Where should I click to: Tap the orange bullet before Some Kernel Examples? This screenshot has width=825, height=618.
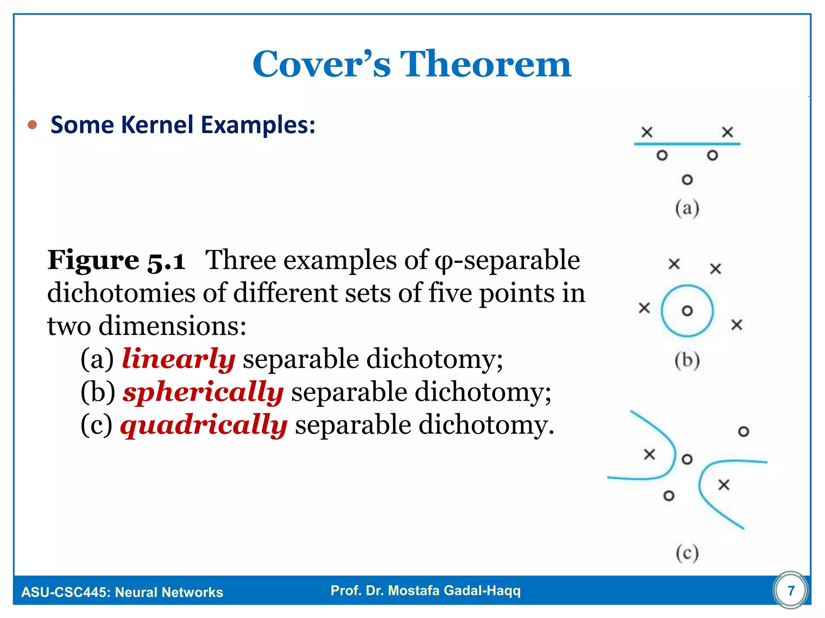click(x=32, y=125)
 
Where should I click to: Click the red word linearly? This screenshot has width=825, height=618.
click(x=178, y=358)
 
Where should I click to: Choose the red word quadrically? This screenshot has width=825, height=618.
click(x=204, y=425)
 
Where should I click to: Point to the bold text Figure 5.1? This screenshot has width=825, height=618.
click(x=116, y=260)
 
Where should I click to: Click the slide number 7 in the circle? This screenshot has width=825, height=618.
click(x=791, y=590)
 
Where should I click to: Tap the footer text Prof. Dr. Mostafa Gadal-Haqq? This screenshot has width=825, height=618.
click(x=425, y=590)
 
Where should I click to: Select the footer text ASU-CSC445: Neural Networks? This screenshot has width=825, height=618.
click(x=122, y=592)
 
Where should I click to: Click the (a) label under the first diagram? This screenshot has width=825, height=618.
click(x=687, y=208)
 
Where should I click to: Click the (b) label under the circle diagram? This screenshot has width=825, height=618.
click(x=687, y=360)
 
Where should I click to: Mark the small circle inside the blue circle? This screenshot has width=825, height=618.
click(x=687, y=311)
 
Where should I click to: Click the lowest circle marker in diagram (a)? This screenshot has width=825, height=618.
click(x=687, y=180)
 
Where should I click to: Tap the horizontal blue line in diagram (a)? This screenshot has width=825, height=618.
click(x=687, y=144)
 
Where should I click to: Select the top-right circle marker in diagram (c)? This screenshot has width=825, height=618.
click(x=743, y=432)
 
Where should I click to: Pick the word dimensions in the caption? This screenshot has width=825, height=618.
click(x=172, y=326)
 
